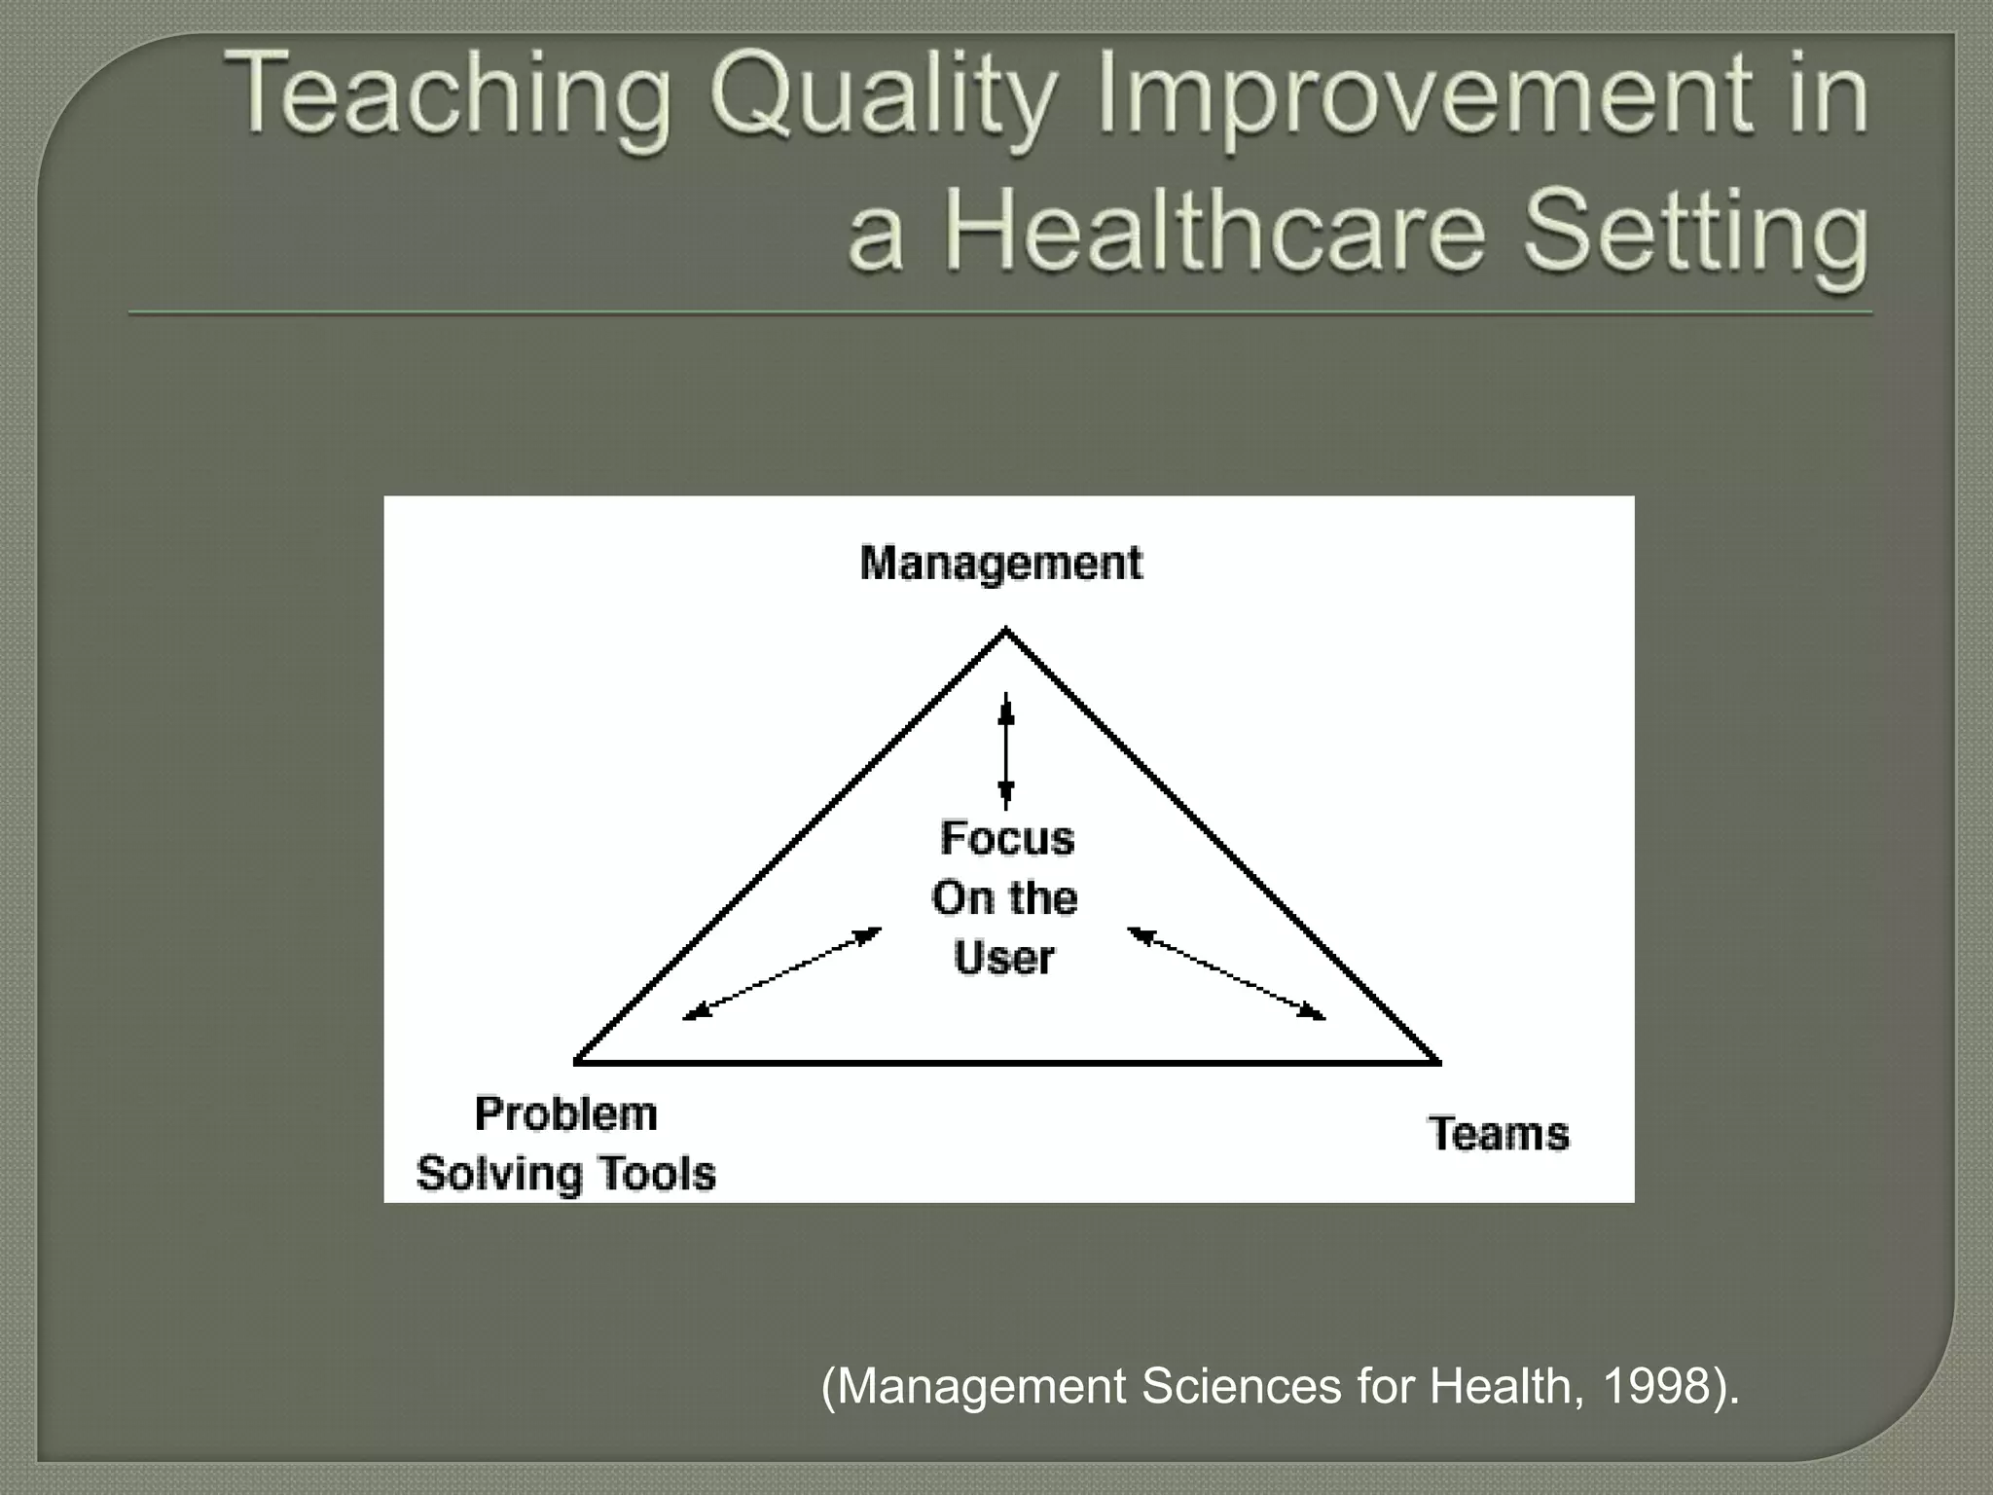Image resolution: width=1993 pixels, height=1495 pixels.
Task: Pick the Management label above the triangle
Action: (x=1001, y=564)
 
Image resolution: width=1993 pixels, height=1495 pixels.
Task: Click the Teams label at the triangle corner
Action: (x=1499, y=1134)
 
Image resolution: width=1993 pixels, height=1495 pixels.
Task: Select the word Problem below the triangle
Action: (x=565, y=1114)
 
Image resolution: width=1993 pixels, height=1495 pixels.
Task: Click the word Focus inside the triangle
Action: (x=1007, y=838)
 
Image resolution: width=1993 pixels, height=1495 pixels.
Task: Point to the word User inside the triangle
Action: (x=1003, y=958)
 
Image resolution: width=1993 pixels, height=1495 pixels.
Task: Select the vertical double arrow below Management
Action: (x=1006, y=750)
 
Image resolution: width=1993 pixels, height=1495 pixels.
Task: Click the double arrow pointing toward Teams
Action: (x=1226, y=974)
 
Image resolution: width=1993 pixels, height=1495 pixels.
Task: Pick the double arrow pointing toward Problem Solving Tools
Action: (x=782, y=974)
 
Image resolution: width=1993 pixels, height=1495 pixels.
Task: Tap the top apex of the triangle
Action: (x=1006, y=632)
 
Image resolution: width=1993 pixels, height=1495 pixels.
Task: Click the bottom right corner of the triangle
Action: (x=1436, y=1062)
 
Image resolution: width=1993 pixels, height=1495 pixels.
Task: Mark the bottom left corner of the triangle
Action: (x=577, y=1061)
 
